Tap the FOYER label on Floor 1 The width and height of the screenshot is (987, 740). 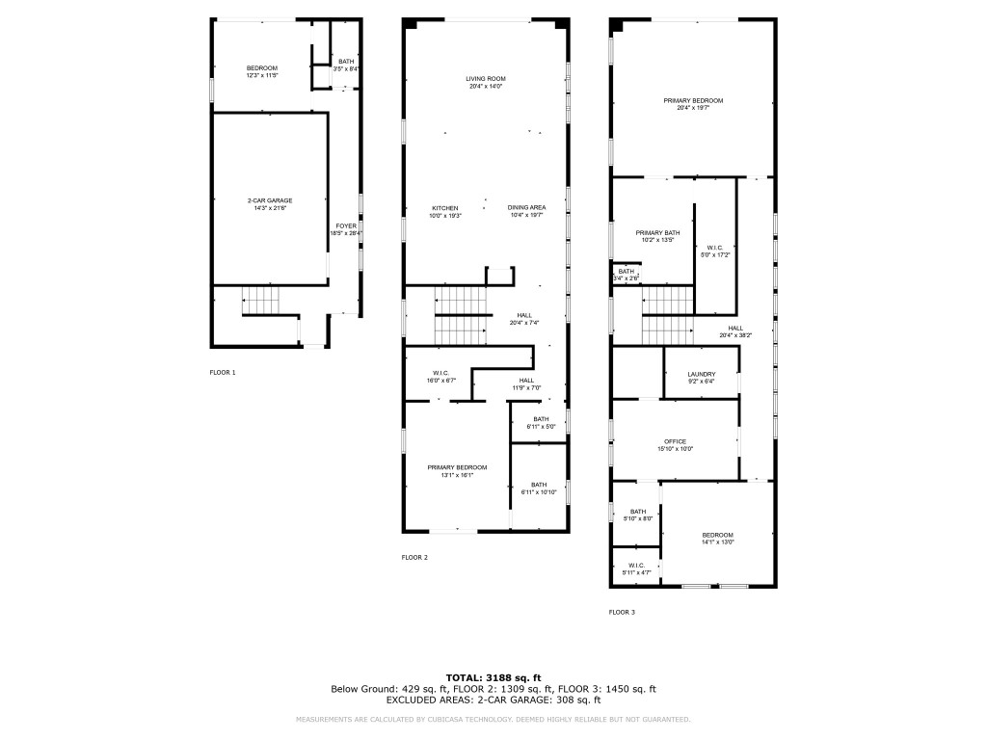345,226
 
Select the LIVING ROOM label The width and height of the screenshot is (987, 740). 486,79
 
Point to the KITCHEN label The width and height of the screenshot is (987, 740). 444,208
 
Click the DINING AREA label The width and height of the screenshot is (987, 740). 527,208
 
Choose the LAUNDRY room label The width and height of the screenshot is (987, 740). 701,374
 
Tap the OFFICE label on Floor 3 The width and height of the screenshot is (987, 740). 675,441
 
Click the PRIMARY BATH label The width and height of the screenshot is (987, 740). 657,232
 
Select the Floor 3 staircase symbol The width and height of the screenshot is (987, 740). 668,314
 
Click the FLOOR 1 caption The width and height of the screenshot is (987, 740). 223,372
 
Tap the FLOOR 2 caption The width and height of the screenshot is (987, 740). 414,557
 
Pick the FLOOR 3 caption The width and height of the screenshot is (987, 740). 622,612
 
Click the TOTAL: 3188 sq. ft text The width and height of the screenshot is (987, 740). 493,676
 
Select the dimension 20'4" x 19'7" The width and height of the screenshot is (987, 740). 692,108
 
